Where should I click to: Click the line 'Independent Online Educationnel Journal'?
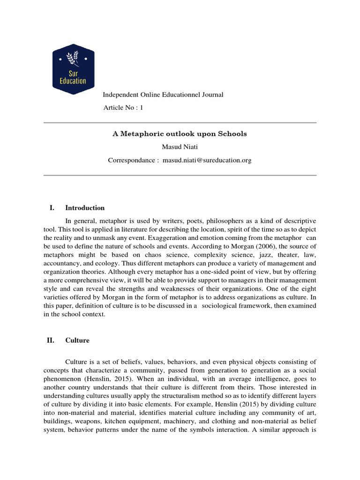coord(163,95)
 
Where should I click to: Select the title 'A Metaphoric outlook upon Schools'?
coord(180,134)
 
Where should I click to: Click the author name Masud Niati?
coord(180,147)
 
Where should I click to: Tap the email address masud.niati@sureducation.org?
coord(207,160)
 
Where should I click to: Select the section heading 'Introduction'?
coord(85,208)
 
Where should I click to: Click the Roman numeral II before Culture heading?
coord(51,340)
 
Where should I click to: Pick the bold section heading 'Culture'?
coord(77,340)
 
